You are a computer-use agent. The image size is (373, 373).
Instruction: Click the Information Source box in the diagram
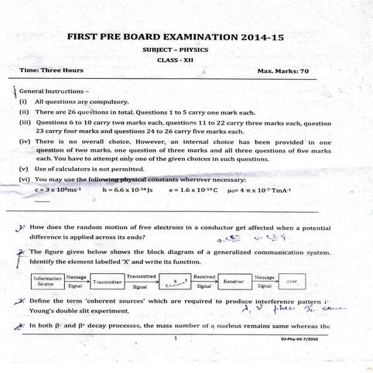click(x=48, y=280)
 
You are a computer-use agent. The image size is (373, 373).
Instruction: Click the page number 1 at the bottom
click(x=176, y=338)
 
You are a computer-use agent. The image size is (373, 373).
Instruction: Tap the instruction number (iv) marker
click(x=24, y=142)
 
